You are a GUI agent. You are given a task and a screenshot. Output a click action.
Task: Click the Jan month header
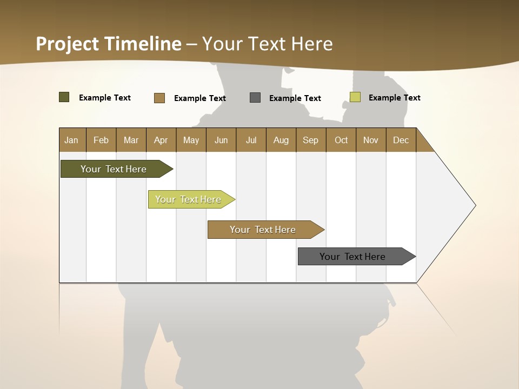tap(71, 140)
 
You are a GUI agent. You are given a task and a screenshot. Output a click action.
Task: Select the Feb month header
tap(101, 140)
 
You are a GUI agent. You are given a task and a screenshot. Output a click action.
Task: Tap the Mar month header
tap(131, 140)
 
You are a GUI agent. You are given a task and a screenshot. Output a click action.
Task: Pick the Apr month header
tap(161, 140)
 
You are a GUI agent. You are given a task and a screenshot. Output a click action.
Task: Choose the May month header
tap(191, 140)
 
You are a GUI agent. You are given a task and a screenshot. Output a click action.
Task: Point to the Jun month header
tap(221, 140)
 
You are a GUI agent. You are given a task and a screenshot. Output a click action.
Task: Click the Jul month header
tap(251, 140)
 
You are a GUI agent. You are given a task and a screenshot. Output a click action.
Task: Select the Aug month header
tap(281, 140)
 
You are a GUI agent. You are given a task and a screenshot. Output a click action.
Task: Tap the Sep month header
tap(311, 140)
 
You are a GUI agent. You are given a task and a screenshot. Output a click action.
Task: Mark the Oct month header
tap(341, 140)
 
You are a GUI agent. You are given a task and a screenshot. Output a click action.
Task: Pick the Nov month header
tap(371, 140)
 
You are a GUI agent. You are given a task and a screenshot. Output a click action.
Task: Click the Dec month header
tap(401, 140)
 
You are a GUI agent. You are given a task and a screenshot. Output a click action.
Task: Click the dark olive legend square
tap(64, 97)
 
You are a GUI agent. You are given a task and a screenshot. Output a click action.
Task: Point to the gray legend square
tap(255, 98)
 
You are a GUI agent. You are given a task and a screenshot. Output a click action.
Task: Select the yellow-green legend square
tap(355, 97)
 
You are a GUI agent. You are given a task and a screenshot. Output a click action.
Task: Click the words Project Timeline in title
tap(109, 44)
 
